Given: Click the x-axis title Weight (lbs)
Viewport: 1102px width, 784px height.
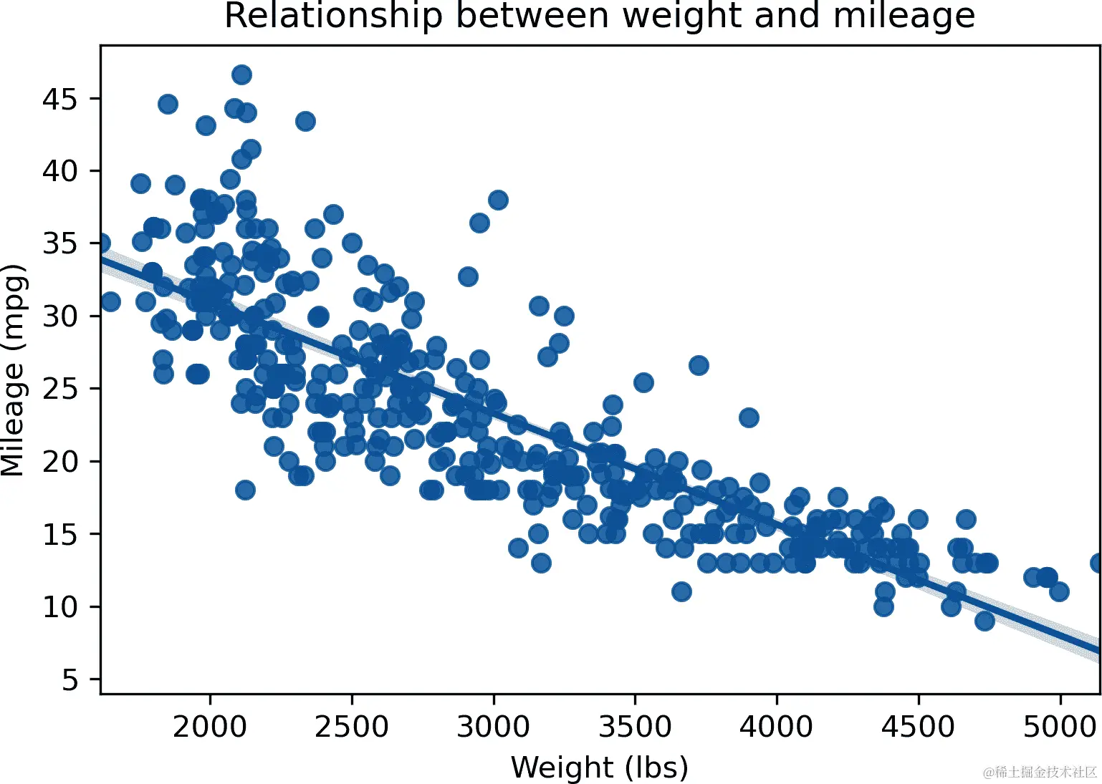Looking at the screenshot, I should click(x=599, y=768).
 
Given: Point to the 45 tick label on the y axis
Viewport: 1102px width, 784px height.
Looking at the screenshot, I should click(x=59, y=99).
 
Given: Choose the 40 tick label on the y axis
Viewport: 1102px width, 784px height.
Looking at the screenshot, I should click(x=59, y=171).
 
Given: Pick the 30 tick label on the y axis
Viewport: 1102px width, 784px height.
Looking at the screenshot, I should click(x=59, y=316).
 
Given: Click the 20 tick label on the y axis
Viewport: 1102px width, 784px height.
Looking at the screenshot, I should click(x=59, y=462).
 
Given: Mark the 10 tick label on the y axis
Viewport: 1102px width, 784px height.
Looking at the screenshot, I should click(x=59, y=607).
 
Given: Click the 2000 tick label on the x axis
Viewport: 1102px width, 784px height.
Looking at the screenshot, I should click(x=210, y=727).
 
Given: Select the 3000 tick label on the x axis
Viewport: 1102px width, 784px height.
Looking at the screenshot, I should click(x=494, y=727).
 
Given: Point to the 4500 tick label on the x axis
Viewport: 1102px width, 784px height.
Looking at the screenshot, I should click(x=918, y=727).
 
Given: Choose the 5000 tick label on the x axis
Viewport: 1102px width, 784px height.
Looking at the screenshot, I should click(x=1059, y=727).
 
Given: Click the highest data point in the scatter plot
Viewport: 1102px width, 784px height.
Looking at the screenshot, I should click(x=241, y=74).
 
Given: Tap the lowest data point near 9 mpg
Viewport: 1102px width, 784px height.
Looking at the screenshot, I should click(x=984, y=621).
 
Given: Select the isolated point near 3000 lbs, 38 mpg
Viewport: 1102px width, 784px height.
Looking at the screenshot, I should click(x=498, y=200).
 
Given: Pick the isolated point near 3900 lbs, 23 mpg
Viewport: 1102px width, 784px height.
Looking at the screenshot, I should click(x=749, y=417).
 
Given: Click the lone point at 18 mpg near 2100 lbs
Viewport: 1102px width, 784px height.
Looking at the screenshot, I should click(x=245, y=490).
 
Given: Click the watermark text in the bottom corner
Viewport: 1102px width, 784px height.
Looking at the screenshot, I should click(x=1040, y=772).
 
